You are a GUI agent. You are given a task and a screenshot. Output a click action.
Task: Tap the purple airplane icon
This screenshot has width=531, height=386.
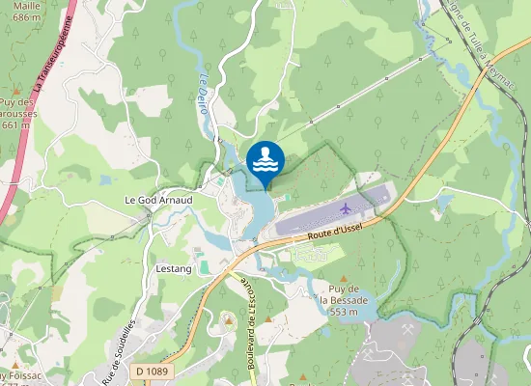click(x=348, y=207)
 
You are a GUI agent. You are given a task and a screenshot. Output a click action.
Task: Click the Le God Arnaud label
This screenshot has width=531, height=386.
click(x=159, y=200)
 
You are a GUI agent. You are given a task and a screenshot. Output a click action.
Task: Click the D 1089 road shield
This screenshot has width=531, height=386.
click(x=151, y=370)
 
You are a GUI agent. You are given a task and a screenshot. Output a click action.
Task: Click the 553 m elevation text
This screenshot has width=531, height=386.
click(x=344, y=312)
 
